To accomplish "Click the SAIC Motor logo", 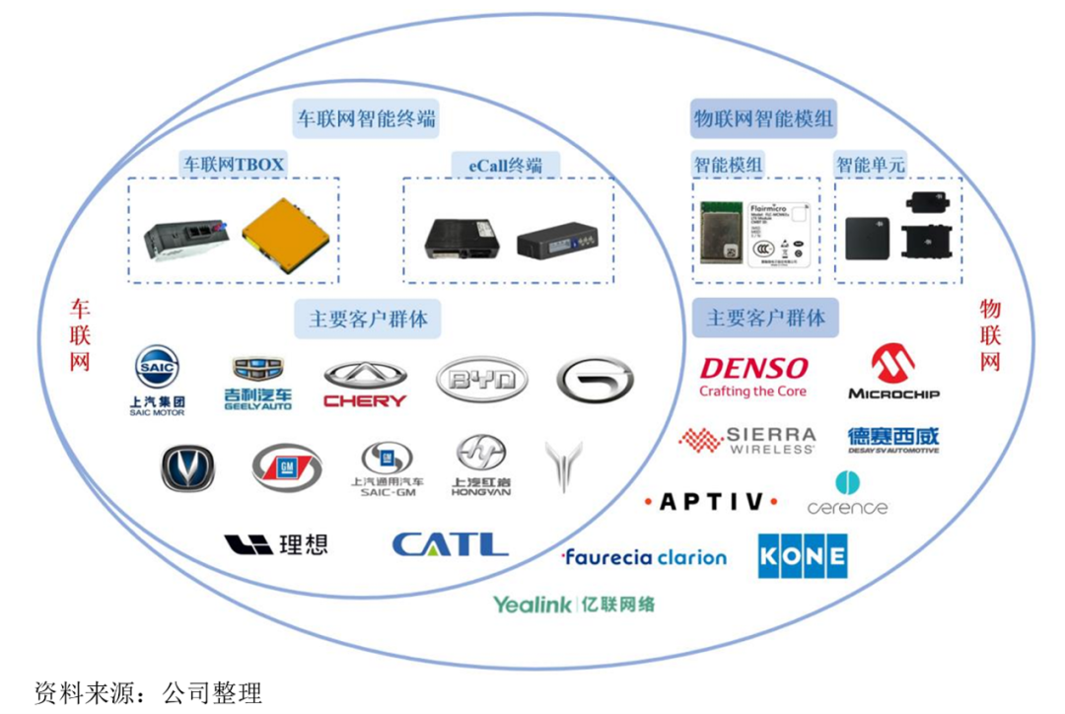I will tap(158, 380).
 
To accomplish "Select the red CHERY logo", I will tap(365, 385).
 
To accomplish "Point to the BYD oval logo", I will tap(481, 380).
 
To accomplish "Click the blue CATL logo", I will tap(450, 543).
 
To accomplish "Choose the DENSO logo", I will tap(753, 375).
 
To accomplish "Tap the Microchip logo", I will tap(893, 372).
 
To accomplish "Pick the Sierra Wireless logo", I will tap(748, 440).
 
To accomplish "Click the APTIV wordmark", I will tap(710, 502).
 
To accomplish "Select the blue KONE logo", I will tap(802, 556).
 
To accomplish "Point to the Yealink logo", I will tap(574, 604).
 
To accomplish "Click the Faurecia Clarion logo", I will tap(644, 557).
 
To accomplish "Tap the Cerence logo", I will tap(847, 494).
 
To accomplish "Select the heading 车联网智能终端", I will tap(367, 119).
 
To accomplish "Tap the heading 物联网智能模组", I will tap(764, 119).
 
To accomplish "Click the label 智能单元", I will tap(870, 164).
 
